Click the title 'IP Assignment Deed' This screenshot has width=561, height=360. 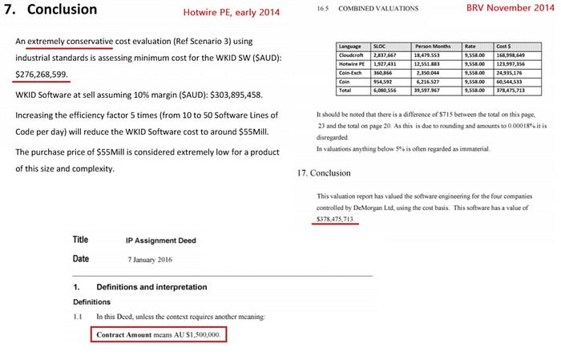161,241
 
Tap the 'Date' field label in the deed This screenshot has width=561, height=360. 80,259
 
